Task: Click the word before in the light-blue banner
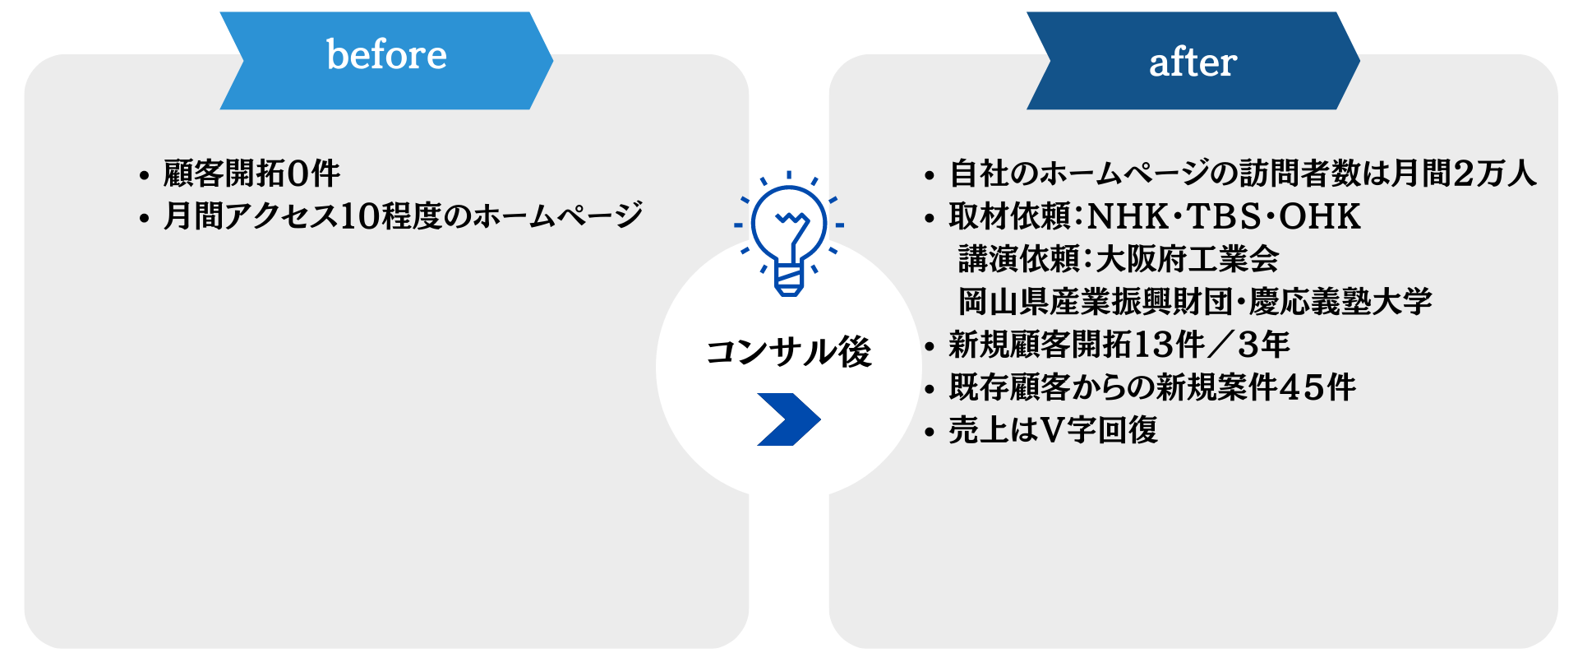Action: click(387, 55)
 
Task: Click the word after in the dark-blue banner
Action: click(1193, 62)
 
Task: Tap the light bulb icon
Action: click(789, 234)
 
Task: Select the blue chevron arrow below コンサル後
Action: click(788, 419)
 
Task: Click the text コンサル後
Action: click(788, 352)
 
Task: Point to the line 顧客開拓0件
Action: click(251, 174)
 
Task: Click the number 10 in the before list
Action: click(358, 216)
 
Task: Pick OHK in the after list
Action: click(1320, 216)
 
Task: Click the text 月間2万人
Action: click(1463, 173)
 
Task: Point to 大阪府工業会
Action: click(1188, 259)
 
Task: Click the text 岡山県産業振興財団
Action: click(1096, 302)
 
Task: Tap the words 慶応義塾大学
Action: click(1340, 302)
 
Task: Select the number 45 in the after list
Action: click(1300, 387)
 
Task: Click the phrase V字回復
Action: click(1100, 430)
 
